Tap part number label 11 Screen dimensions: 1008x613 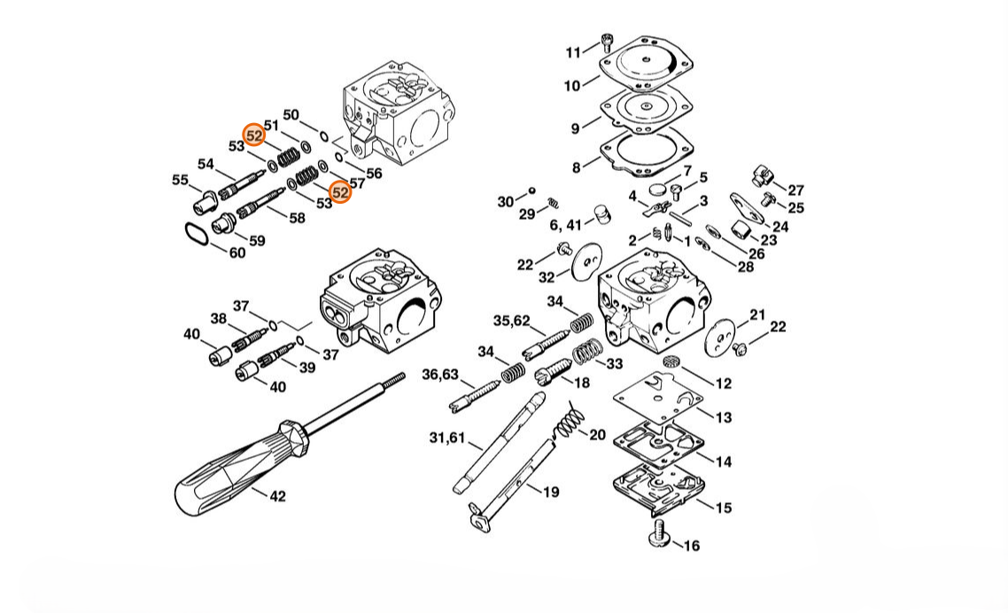point(573,53)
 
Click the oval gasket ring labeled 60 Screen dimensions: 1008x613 point(197,234)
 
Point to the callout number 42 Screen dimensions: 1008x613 point(277,497)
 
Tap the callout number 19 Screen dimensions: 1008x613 point(551,493)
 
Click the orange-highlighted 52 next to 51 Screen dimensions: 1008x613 point(254,136)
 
